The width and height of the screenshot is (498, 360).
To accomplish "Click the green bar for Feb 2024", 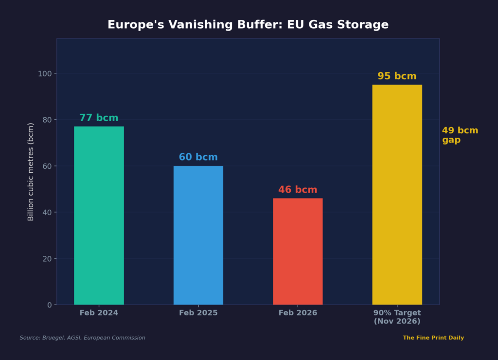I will pos(99,216).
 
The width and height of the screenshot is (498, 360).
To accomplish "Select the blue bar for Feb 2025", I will pos(198,235).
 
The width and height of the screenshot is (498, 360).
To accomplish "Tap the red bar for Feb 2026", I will pos(298,251).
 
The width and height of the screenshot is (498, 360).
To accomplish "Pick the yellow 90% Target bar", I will pos(397,195).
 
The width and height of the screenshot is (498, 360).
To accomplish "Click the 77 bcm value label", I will pos(99,118).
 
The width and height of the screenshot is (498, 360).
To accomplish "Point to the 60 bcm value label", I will pos(198,158).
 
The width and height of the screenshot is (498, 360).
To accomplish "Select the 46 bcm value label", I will pos(298,190).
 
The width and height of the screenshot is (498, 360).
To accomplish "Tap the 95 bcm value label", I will pos(397,76).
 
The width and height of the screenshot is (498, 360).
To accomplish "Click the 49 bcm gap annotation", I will pos(460,135).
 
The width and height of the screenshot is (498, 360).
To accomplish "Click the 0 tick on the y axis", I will pos(49,305).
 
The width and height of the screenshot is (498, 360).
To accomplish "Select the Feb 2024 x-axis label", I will pos(99,313).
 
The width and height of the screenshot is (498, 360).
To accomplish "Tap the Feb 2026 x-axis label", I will pos(298,313).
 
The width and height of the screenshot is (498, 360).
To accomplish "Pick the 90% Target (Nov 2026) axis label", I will pos(397,317).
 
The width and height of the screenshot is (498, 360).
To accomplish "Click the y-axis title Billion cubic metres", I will pos(31,172).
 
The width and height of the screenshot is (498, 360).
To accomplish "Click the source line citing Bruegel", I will pos(83,338).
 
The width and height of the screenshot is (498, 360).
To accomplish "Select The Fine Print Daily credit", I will pos(433,338).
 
